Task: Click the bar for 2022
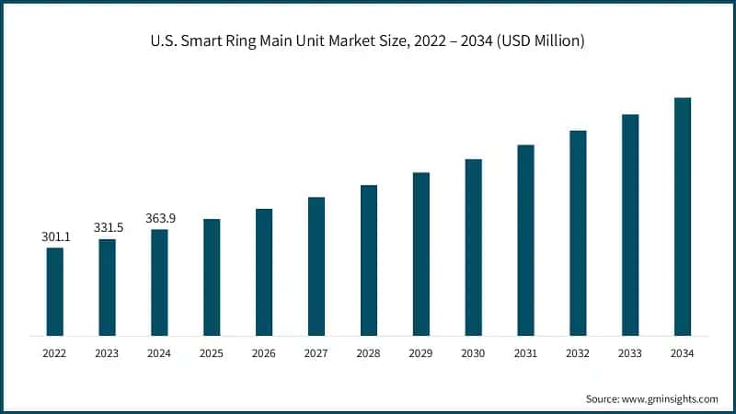coord(55,292)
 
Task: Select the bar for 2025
coord(212,277)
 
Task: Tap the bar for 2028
coord(369,260)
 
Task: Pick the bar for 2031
coord(525,240)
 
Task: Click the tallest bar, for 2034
coord(683,216)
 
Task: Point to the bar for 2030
coord(473,247)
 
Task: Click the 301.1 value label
coord(55,236)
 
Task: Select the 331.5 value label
coord(108,227)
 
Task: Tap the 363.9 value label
coord(160,218)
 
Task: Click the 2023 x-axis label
coord(108,352)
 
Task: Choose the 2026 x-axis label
coord(264,352)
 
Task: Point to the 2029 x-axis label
coord(421,352)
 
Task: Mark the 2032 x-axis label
coord(578,352)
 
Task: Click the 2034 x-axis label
coord(683,352)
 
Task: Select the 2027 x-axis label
coord(316,352)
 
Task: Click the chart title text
coord(368,41)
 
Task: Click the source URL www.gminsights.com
coord(670,398)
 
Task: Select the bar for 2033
coord(630,224)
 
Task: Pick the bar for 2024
coord(160,282)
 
